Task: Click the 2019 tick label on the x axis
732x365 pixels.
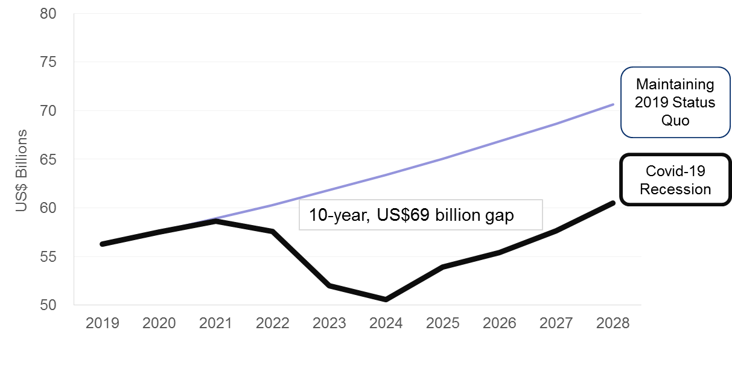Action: (x=102, y=323)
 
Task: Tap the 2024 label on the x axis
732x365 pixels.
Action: (x=386, y=323)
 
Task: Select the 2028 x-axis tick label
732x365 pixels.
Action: (x=613, y=323)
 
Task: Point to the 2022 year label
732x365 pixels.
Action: (x=272, y=323)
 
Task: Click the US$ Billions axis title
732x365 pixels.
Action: (x=22, y=170)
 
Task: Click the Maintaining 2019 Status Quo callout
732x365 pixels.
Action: (x=675, y=102)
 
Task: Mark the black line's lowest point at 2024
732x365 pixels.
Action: (x=385, y=299)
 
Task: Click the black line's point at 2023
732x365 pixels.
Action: (x=329, y=285)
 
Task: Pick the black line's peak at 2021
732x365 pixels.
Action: (x=215, y=221)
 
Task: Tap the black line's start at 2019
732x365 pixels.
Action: (x=103, y=244)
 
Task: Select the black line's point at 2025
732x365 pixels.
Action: (x=442, y=267)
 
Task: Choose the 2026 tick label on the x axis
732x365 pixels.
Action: (x=499, y=323)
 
